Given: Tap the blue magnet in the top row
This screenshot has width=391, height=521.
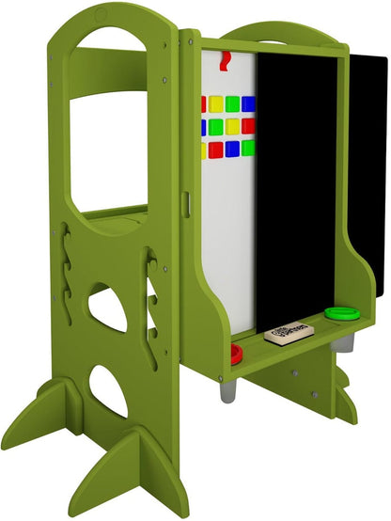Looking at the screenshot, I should point(248,103).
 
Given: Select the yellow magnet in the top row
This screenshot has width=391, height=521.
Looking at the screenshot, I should point(215,103).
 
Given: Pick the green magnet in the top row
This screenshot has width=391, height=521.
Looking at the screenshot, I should point(232,103).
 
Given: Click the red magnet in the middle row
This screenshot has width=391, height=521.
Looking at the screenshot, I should point(248,125).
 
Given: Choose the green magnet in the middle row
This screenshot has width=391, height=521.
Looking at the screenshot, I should point(215,125).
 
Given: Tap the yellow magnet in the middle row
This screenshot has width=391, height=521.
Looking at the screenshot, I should point(232,125).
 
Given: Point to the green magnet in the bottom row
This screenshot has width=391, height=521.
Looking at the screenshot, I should point(248,148).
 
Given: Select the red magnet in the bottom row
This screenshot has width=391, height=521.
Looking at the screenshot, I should point(215,149).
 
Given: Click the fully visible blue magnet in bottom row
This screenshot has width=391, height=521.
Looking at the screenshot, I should point(232,149).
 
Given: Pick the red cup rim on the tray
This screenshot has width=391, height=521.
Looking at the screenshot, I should point(236,353).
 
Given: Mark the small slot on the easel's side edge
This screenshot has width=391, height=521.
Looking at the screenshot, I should point(187,203).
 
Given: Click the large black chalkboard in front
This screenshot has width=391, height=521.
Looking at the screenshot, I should point(297,188).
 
